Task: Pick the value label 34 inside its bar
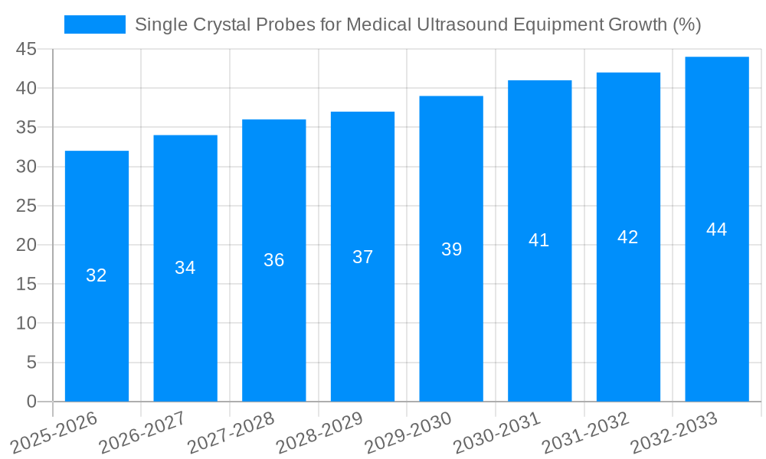[185, 268]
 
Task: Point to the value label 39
[451, 249]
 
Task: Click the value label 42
[628, 237]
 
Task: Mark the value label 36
[274, 260]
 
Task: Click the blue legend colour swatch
[95, 24]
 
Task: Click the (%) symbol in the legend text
[686, 24]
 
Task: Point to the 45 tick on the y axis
[26, 49]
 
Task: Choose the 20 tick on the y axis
[26, 245]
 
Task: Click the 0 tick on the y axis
[31, 402]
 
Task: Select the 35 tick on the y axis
[26, 127]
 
